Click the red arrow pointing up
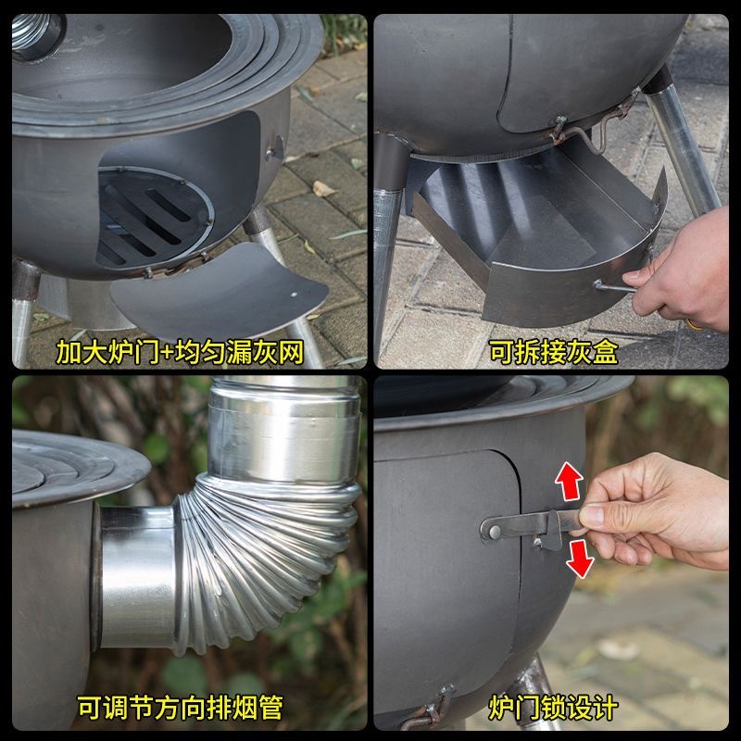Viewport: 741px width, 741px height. pyautogui.click(x=568, y=481)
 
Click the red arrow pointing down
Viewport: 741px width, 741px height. pyautogui.click(x=581, y=559)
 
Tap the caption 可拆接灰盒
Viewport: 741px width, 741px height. pyautogui.click(x=553, y=352)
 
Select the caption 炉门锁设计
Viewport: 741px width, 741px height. pyautogui.click(x=553, y=708)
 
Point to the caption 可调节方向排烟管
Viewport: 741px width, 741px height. pyautogui.click(x=180, y=708)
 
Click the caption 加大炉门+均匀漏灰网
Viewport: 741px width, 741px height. pyautogui.click(x=180, y=352)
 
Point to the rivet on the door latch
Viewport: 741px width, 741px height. pyautogui.click(x=495, y=532)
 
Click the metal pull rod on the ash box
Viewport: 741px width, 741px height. pyautogui.click(x=613, y=286)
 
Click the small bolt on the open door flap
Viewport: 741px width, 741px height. pyautogui.click(x=294, y=295)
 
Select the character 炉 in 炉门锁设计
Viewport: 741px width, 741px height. pyautogui.click(x=501, y=708)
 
